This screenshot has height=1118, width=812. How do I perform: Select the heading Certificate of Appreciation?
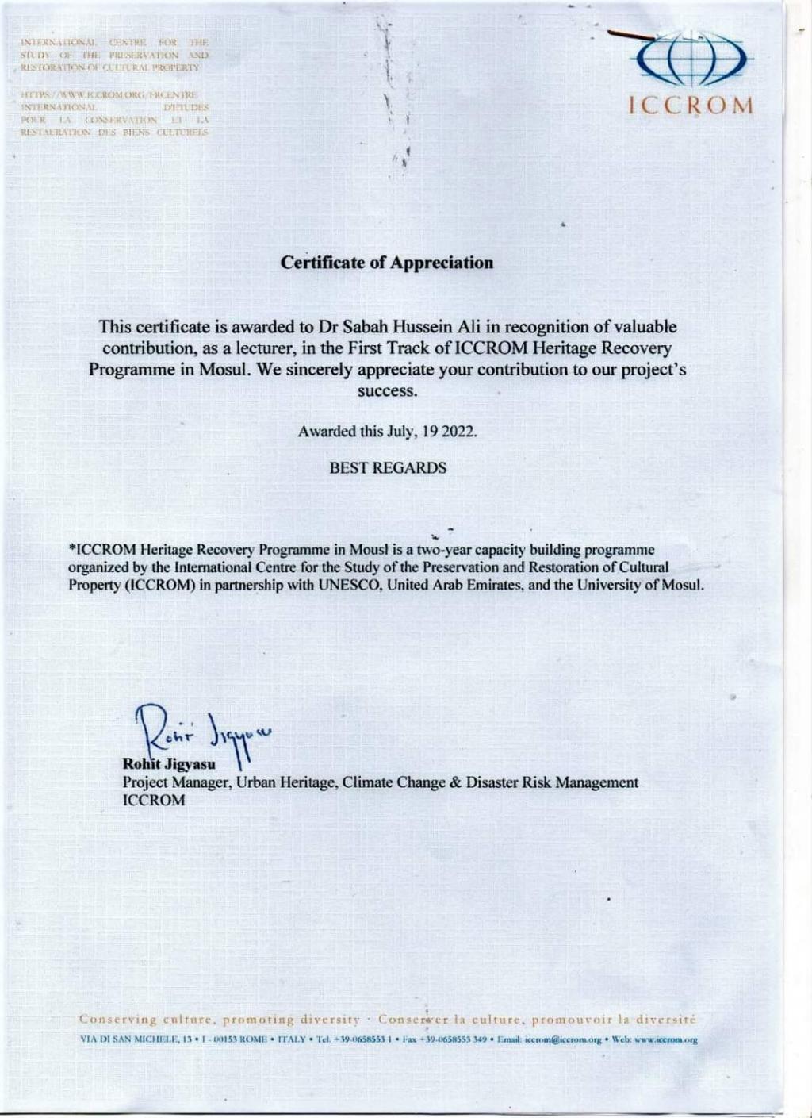[x=388, y=263]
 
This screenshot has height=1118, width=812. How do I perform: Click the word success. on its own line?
[x=387, y=391]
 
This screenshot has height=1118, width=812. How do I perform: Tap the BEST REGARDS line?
[x=388, y=468]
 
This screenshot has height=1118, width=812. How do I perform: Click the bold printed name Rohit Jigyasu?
[x=163, y=765]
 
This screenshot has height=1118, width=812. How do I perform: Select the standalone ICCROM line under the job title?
[x=154, y=800]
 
